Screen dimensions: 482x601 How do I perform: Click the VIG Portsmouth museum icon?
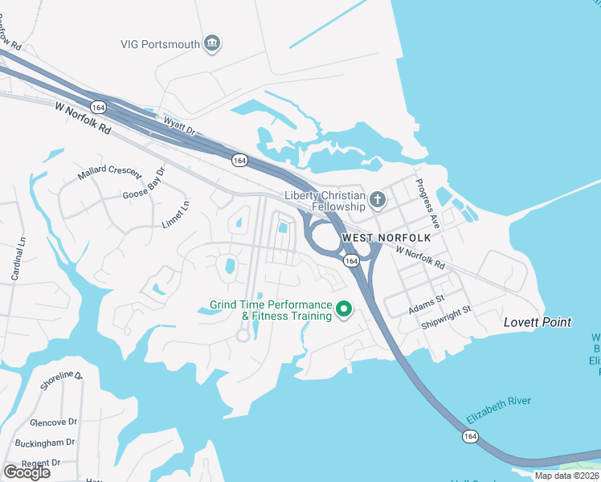[x=212, y=44]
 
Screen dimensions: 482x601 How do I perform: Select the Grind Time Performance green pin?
[x=345, y=309]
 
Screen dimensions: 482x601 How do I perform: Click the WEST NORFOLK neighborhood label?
[x=386, y=239]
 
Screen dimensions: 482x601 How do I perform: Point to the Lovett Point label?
[x=538, y=322]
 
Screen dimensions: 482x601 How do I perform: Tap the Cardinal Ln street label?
[x=18, y=258]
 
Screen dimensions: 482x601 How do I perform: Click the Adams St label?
[x=426, y=304]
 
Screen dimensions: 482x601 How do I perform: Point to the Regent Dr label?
[x=41, y=463]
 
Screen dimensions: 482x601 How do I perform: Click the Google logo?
[x=27, y=472]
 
